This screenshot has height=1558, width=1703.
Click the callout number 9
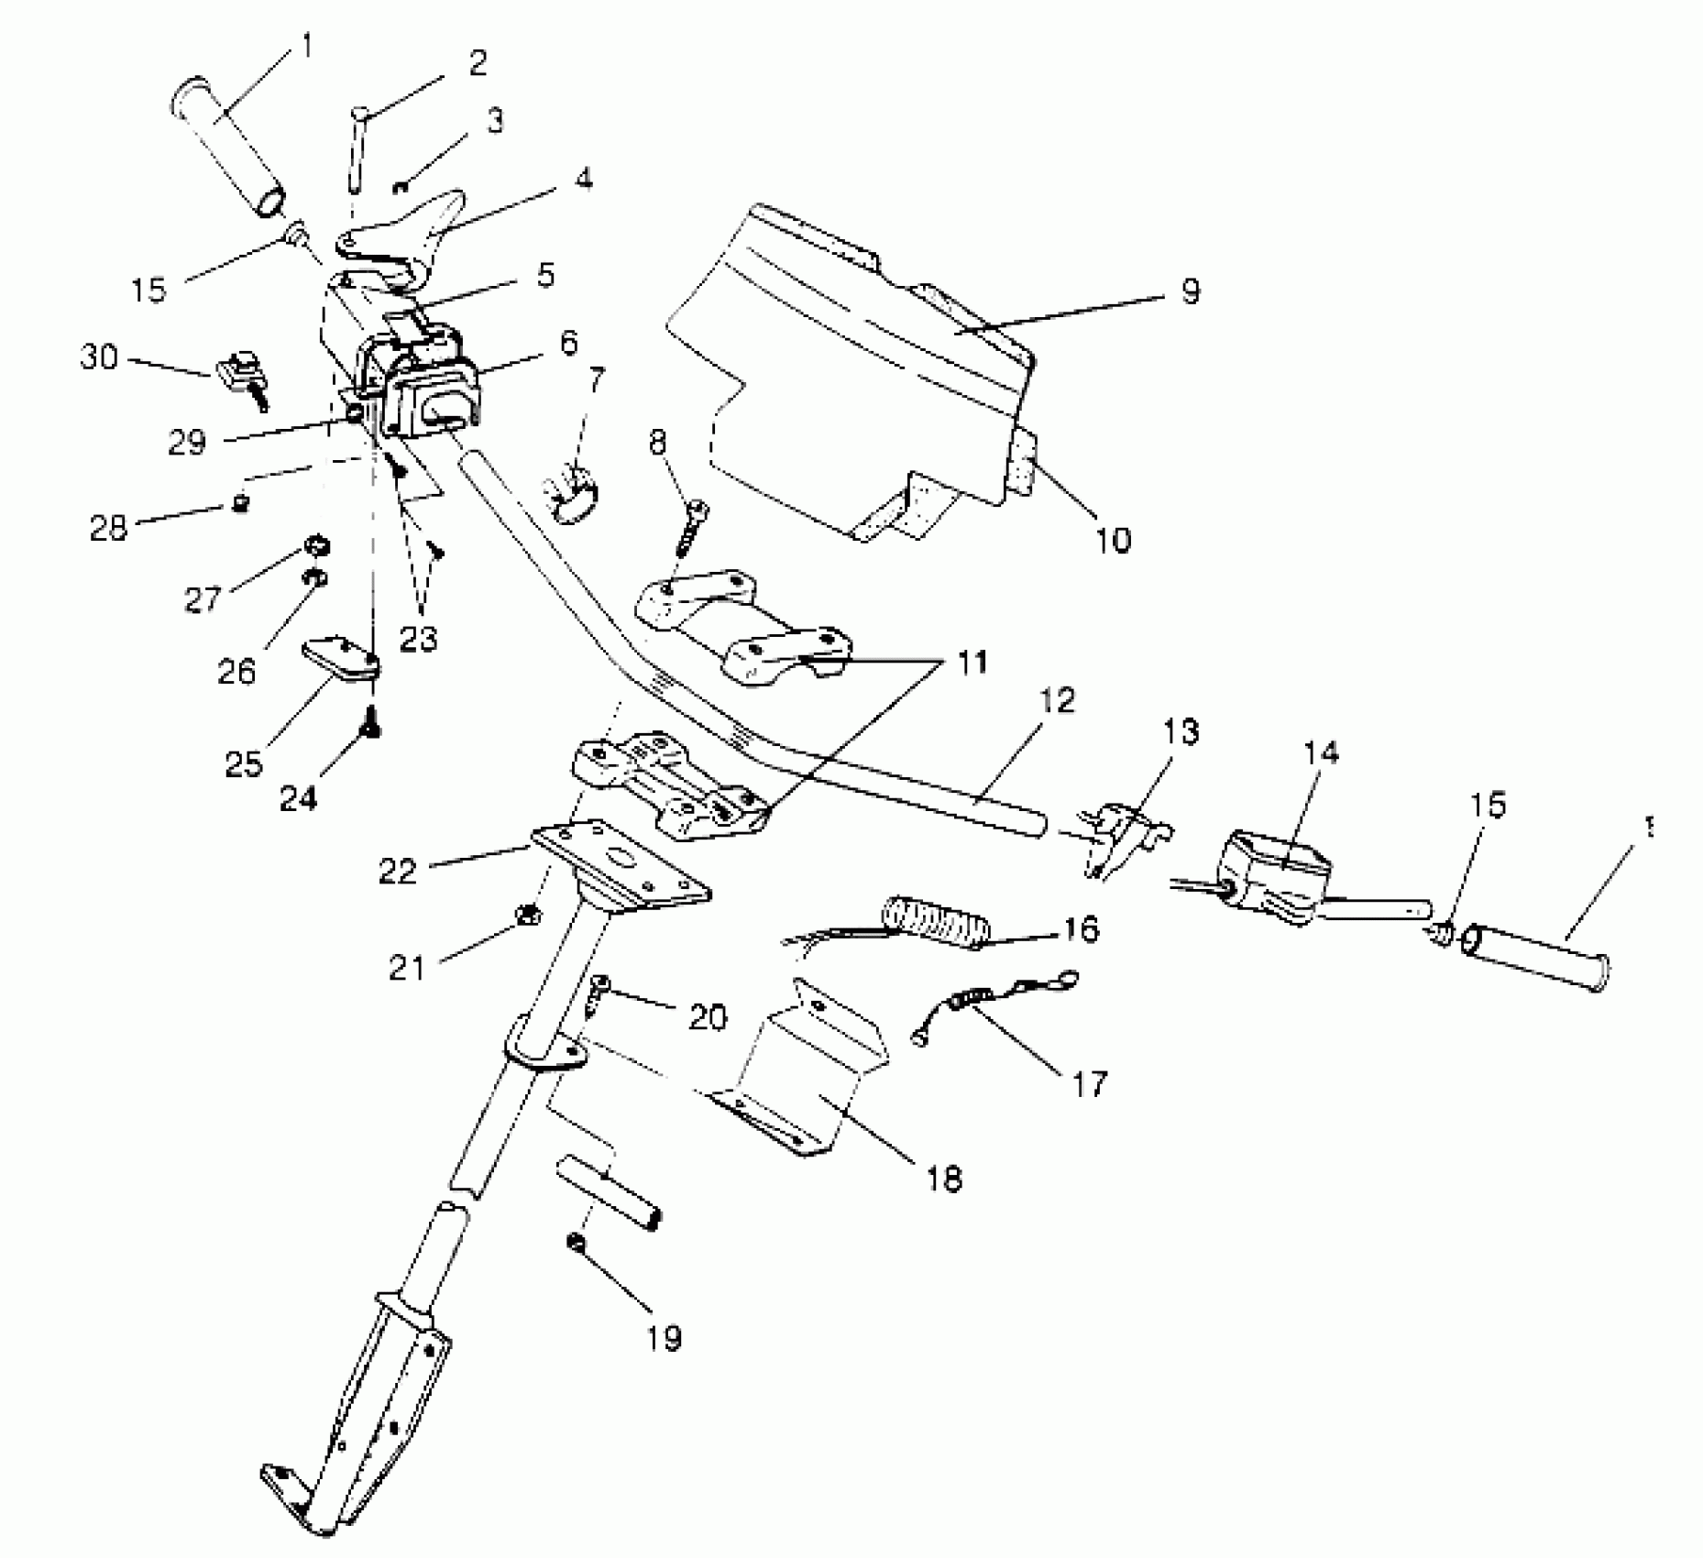pos(1189,291)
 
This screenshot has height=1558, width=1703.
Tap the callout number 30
pos(99,357)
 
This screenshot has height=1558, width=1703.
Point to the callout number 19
pos(665,1339)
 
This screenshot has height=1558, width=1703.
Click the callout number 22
pos(398,870)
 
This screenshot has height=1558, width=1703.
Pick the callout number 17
pos(1089,1082)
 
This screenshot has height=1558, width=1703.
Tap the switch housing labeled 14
pos(1274,870)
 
